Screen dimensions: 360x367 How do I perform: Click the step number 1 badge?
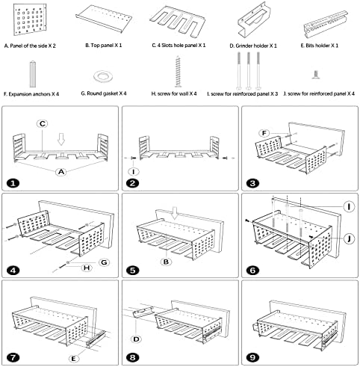(x=13, y=183)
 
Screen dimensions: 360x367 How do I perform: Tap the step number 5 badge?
(x=133, y=271)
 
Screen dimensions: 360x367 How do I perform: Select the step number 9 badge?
(x=252, y=357)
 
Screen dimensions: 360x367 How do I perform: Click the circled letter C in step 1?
(x=43, y=123)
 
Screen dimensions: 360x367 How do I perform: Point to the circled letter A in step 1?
(x=61, y=172)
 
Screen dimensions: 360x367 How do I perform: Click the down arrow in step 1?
(x=61, y=139)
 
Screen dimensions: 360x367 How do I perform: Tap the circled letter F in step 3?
(x=264, y=133)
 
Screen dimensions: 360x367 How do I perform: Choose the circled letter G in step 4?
(x=104, y=262)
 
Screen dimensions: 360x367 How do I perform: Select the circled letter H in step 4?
(x=87, y=268)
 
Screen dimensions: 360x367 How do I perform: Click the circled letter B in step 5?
(x=166, y=262)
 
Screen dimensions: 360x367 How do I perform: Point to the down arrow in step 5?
(x=176, y=213)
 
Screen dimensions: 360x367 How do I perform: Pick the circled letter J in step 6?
(x=350, y=238)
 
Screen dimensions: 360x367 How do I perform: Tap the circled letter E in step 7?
(x=73, y=359)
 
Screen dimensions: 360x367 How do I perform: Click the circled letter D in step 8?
(x=136, y=339)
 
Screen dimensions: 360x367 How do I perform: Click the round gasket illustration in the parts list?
(x=103, y=76)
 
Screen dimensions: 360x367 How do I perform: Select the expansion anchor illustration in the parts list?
(x=33, y=74)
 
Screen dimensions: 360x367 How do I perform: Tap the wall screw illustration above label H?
(x=178, y=72)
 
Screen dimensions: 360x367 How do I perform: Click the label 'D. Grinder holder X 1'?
(x=253, y=46)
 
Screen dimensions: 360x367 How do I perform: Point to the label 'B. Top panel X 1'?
(x=104, y=46)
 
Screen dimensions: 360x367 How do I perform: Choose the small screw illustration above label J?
(x=316, y=75)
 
